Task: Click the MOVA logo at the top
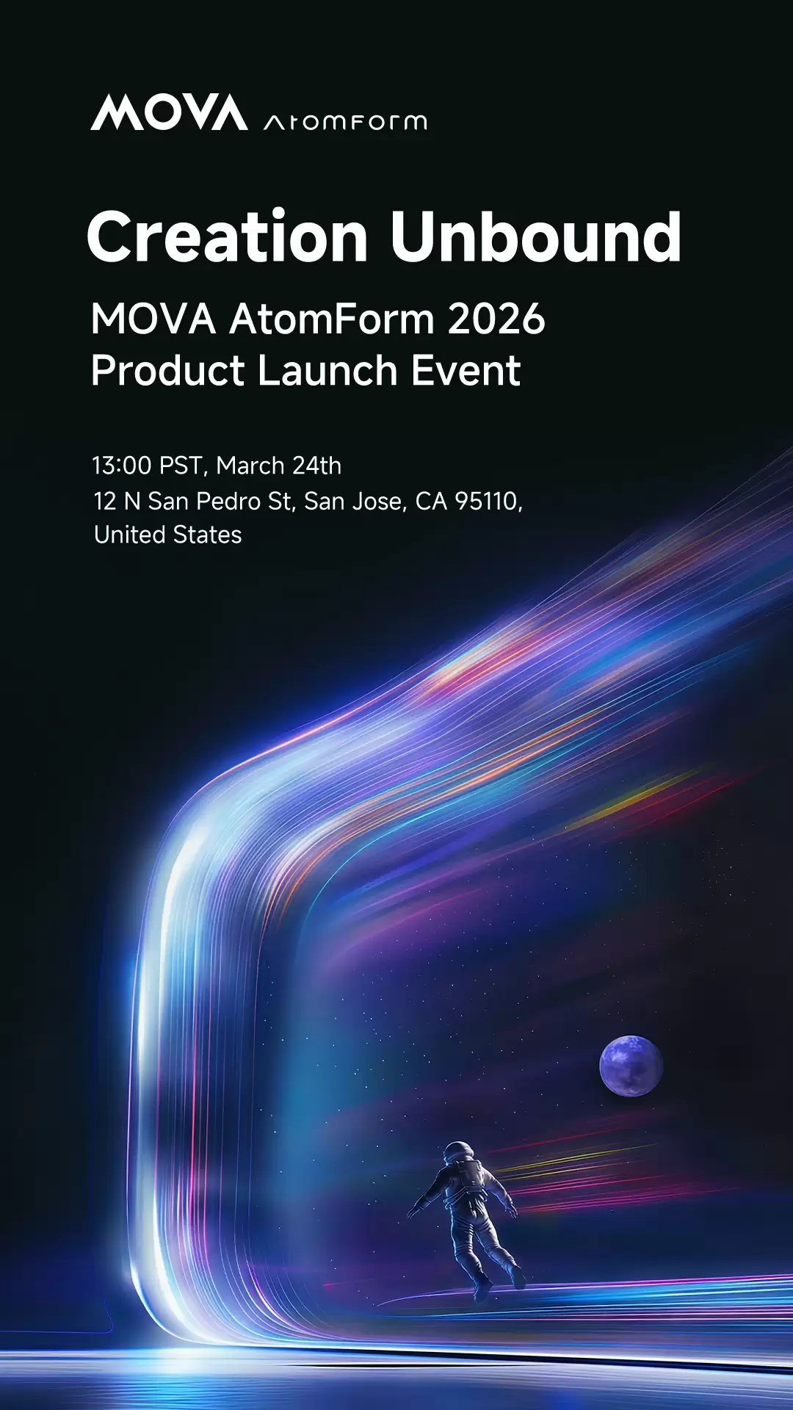pos(169,112)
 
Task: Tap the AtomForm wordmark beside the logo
pos(345,122)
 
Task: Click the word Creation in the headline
pos(228,236)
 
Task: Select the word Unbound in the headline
pos(536,236)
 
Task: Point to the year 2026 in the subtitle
pos(496,319)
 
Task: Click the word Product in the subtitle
pos(167,370)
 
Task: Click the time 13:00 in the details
pos(122,466)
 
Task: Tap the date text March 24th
pos(279,466)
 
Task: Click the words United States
pos(168,535)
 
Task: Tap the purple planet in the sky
pos(631,1066)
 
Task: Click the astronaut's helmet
pos(459,1152)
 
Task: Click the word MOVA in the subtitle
pos(153,319)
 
